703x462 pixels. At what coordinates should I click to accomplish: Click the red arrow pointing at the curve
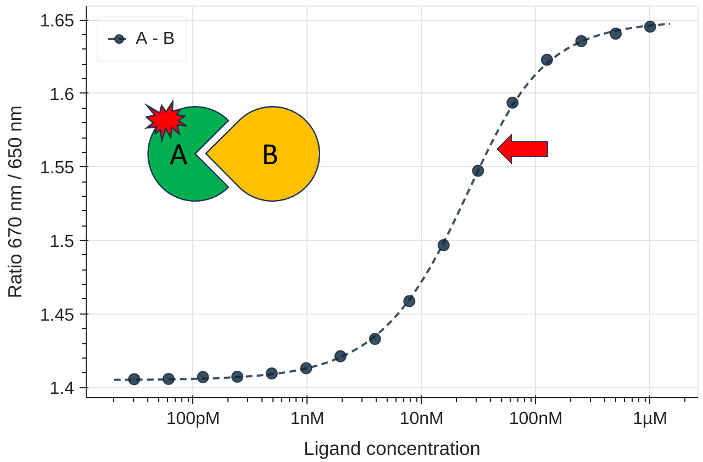pos(523,149)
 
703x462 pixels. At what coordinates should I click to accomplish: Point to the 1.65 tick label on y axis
pos(57,21)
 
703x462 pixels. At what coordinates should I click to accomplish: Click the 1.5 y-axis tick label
pos(61,241)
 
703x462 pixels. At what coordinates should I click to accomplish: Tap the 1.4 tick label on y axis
pos(61,388)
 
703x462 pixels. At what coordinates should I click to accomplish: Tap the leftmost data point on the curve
pos(134,379)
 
